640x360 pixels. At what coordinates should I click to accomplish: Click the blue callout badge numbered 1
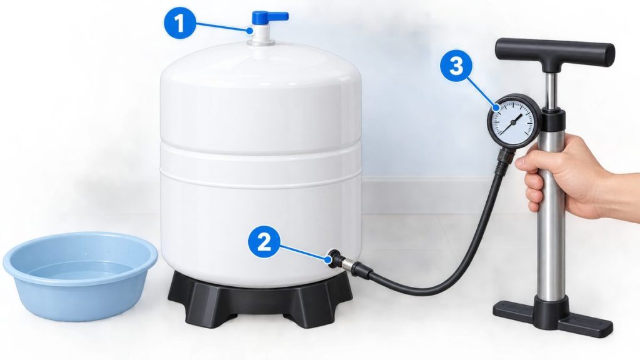[x=179, y=24]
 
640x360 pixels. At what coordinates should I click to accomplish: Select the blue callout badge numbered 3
[x=456, y=66]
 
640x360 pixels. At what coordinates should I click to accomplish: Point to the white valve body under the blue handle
[x=260, y=34]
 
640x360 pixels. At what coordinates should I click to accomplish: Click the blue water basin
[x=81, y=276]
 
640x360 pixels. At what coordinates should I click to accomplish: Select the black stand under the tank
[x=260, y=298]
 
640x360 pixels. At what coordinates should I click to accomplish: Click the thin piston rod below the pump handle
[x=551, y=91]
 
